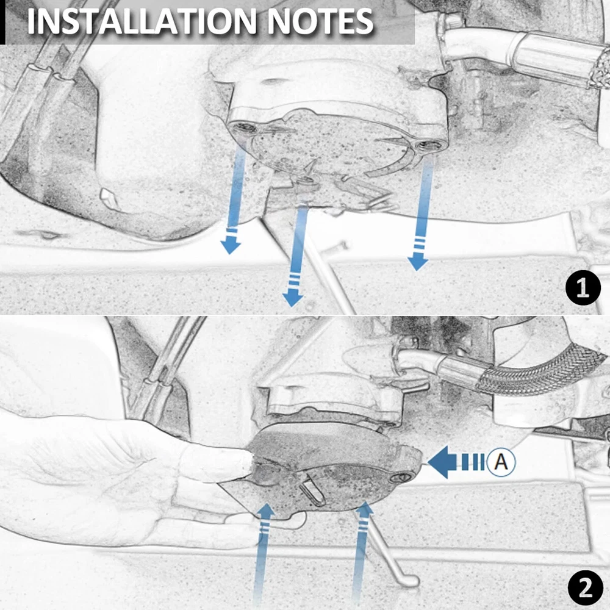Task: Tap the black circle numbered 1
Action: (583, 289)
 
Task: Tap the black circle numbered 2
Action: (586, 588)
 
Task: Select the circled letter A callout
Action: (501, 462)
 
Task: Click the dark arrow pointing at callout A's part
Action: (456, 462)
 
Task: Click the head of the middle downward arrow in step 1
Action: (293, 298)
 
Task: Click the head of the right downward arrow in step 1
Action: (418, 262)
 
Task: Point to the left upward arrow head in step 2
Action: (267, 511)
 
